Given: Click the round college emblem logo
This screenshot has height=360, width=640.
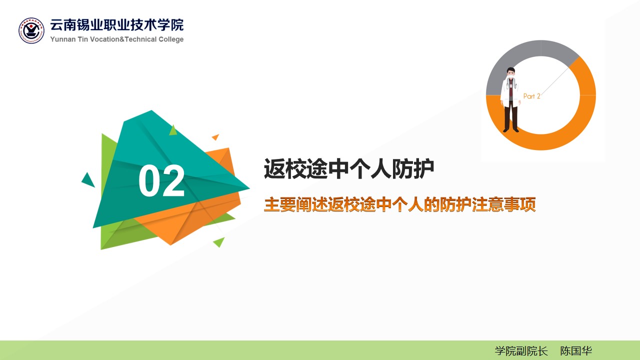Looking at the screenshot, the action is coord(31,30).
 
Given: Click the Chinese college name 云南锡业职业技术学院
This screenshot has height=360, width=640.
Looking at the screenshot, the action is coord(117,25).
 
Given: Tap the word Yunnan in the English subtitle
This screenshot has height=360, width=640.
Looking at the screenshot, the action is coord(63,39).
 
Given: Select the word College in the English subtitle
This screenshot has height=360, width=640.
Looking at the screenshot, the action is coord(171,39).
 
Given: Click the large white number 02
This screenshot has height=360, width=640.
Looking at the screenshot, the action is coord(161,180).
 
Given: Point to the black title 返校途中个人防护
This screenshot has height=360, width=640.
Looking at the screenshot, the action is coord(349,169).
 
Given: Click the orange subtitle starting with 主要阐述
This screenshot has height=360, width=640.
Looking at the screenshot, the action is coord(399,204).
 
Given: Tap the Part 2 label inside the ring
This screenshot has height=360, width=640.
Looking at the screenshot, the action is coord(531,96).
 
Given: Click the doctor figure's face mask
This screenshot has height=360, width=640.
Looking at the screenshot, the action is coord(511,76).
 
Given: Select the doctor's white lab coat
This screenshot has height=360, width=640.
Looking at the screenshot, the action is coord(510,92).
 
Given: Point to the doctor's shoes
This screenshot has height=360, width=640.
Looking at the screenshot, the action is coord(511,130).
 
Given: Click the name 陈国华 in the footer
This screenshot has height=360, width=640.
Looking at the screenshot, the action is coord(575,351).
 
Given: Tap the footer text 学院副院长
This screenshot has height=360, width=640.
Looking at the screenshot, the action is coord(521,351).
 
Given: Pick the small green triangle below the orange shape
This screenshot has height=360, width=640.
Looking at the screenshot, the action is coord(219,241).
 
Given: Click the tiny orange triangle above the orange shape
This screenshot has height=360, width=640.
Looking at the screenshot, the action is coord(215,137).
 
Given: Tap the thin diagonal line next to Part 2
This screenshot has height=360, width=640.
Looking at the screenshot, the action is coord(554,81).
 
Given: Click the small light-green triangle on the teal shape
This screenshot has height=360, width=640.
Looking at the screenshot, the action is coord(173,130).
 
